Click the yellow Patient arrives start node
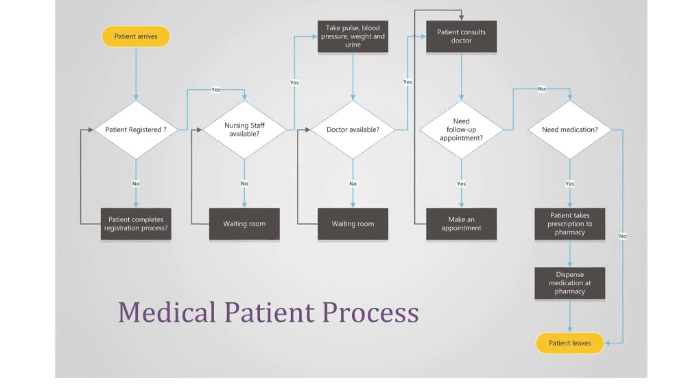[136, 36]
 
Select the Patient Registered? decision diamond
[136, 130]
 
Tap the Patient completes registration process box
[135, 224]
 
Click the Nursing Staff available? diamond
[244, 130]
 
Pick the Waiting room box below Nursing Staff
[244, 224]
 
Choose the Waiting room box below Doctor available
[353, 224]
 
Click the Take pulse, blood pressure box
[353, 36]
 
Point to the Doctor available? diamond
[353, 130]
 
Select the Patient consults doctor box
[461, 36]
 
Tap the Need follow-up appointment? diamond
[461, 130]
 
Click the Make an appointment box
[461, 224]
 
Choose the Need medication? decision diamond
[569, 130]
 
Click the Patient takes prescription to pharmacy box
[569, 224]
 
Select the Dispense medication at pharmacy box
[569, 283]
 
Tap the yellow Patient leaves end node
[569, 343]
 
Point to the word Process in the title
[370, 312]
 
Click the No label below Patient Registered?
[136, 184]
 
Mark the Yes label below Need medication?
[569, 184]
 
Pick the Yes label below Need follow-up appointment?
[461, 184]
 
